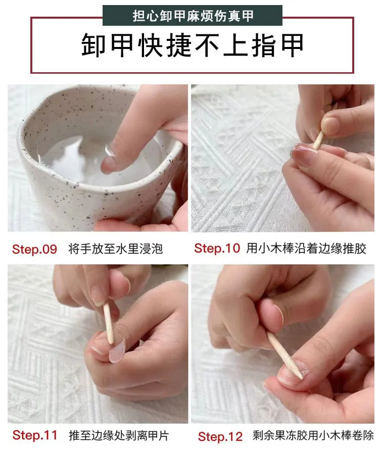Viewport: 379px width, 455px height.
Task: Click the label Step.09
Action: point(34,249)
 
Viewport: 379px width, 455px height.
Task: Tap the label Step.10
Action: point(217,248)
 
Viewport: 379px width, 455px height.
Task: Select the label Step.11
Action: point(35,435)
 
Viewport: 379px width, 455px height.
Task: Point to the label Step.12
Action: point(220,436)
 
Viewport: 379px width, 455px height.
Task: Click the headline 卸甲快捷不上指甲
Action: point(193,45)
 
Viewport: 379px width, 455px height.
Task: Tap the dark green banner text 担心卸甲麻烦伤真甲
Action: point(193,16)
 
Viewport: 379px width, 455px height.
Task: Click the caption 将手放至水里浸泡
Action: point(115,249)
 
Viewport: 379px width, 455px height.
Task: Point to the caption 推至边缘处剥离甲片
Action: point(119,435)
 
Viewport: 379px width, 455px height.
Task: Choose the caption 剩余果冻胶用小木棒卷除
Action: point(313,436)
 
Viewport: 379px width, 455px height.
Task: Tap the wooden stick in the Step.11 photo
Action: point(108,323)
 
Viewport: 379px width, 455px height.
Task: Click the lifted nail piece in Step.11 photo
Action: point(117,350)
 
